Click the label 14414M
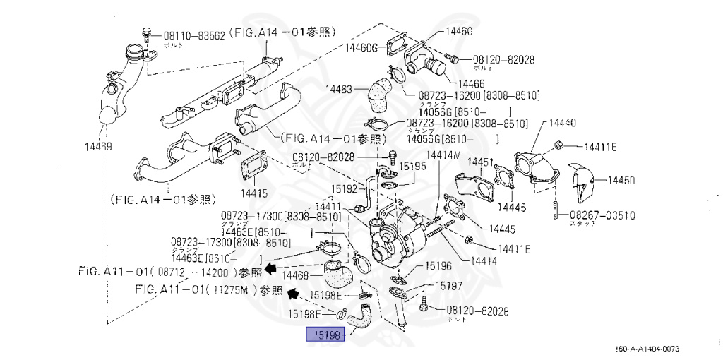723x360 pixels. (x=443, y=155)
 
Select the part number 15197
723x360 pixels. (x=448, y=286)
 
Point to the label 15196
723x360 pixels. (x=438, y=266)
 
